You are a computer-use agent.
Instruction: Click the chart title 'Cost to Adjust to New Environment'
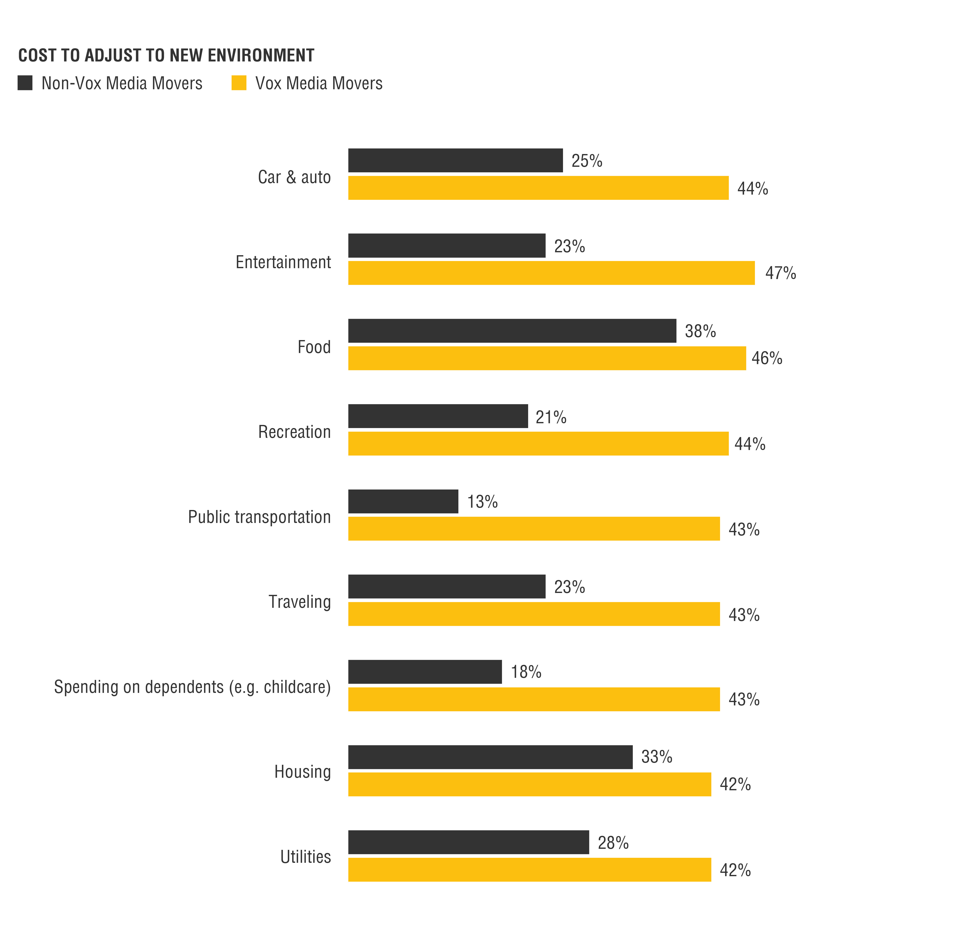(166, 55)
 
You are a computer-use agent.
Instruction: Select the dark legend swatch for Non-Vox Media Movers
(25, 83)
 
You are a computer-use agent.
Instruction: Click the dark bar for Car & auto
(455, 160)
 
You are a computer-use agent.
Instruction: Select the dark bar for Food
(512, 331)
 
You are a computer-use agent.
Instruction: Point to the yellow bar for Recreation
(538, 444)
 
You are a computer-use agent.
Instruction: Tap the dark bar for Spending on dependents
(425, 672)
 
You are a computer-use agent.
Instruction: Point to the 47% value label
(780, 273)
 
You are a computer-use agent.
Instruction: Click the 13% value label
(482, 501)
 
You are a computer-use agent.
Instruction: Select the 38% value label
(700, 331)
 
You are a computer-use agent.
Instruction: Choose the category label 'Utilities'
(305, 857)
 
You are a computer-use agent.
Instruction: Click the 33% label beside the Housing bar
(656, 757)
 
